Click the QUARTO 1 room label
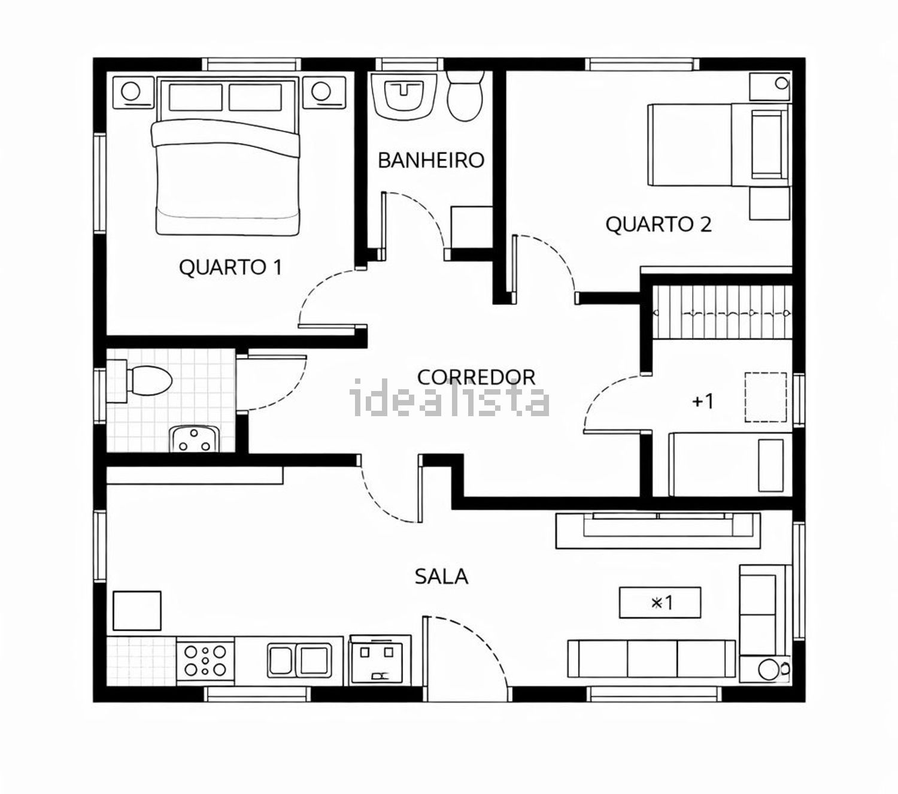tap(230, 267)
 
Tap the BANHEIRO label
tap(431, 160)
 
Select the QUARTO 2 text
tap(658, 225)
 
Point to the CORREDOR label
tap(476, 377)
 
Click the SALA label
tap(441, 576)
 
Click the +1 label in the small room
tap(702, 401)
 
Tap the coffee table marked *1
tap(660, 602)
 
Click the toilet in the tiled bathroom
tap(139, 381)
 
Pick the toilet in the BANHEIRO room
tap(465, 96)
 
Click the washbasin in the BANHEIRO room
tap(403, 95)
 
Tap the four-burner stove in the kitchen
tap(205, 660)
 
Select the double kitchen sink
tap(299, 660)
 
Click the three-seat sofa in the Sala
tap(651, 658)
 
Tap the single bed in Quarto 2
tap(718, 145)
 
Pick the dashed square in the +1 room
tap(766, 397)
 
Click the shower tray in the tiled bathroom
tap(193, 439)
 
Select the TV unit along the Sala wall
tap(658, 531)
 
